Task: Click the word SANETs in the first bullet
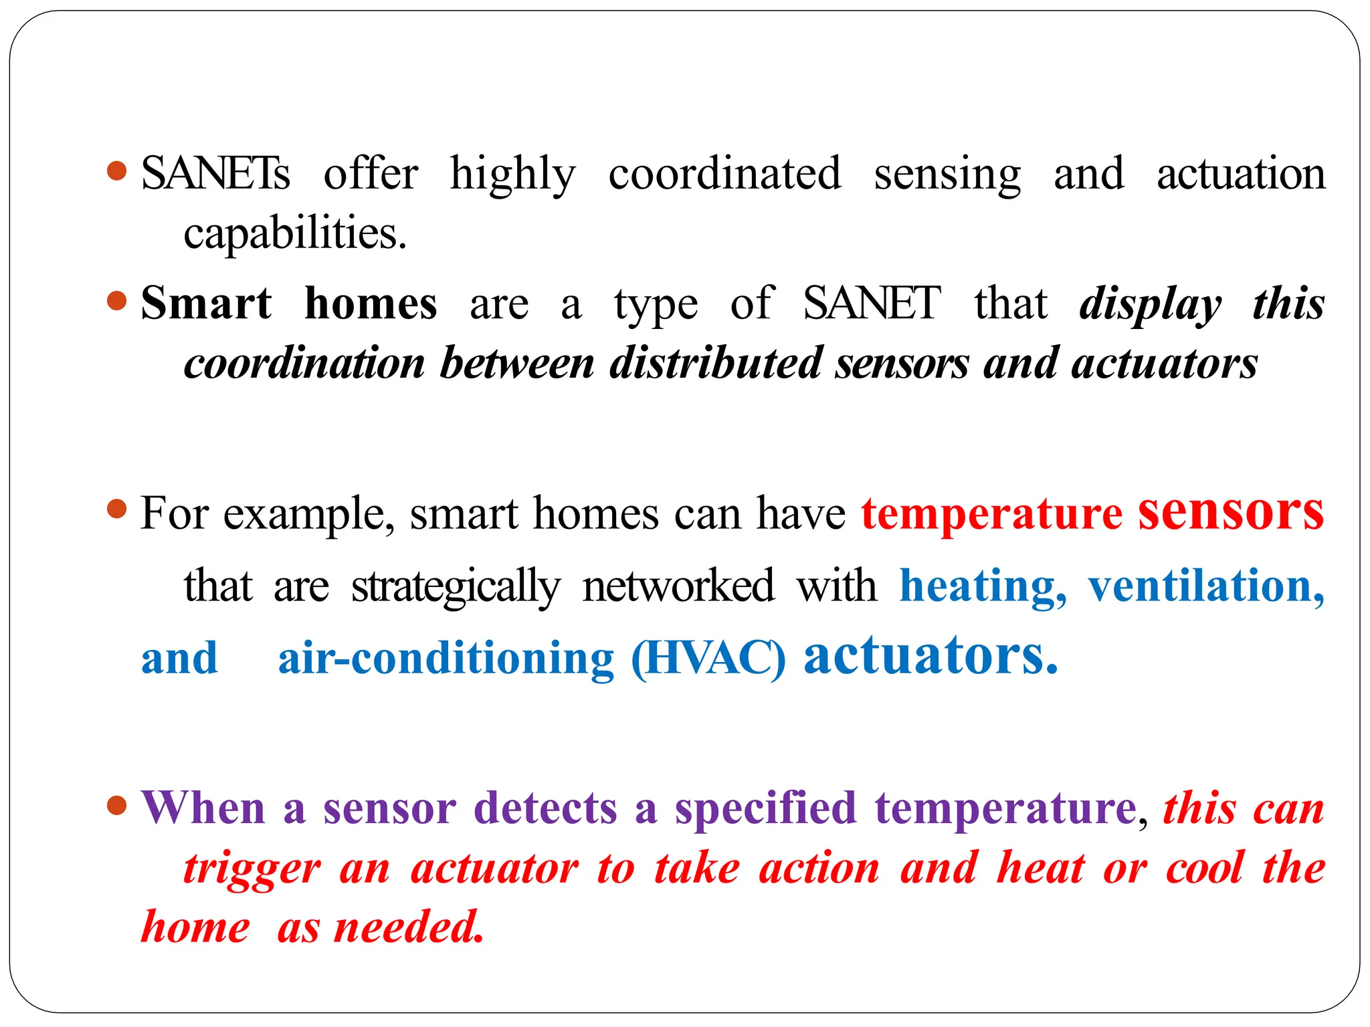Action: click(x=215, y=174)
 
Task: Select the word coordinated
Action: click(x=724, y=174)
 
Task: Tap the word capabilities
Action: click(x=294, y=234)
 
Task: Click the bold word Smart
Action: click(x=206, y=304)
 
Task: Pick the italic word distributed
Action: click(x=715, y=364)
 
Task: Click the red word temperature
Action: click(x=991, y=514)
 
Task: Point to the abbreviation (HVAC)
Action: click(x=708, y=659)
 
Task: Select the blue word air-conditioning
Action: click(x=446, y=659)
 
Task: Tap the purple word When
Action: click(x=203, y=808)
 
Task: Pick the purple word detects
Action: click(x=545, y=808)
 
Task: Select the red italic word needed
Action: click(x=408, y=928)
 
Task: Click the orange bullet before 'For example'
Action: click(x=117, y=509)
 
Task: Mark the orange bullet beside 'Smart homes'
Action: click(x=117, y=301)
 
